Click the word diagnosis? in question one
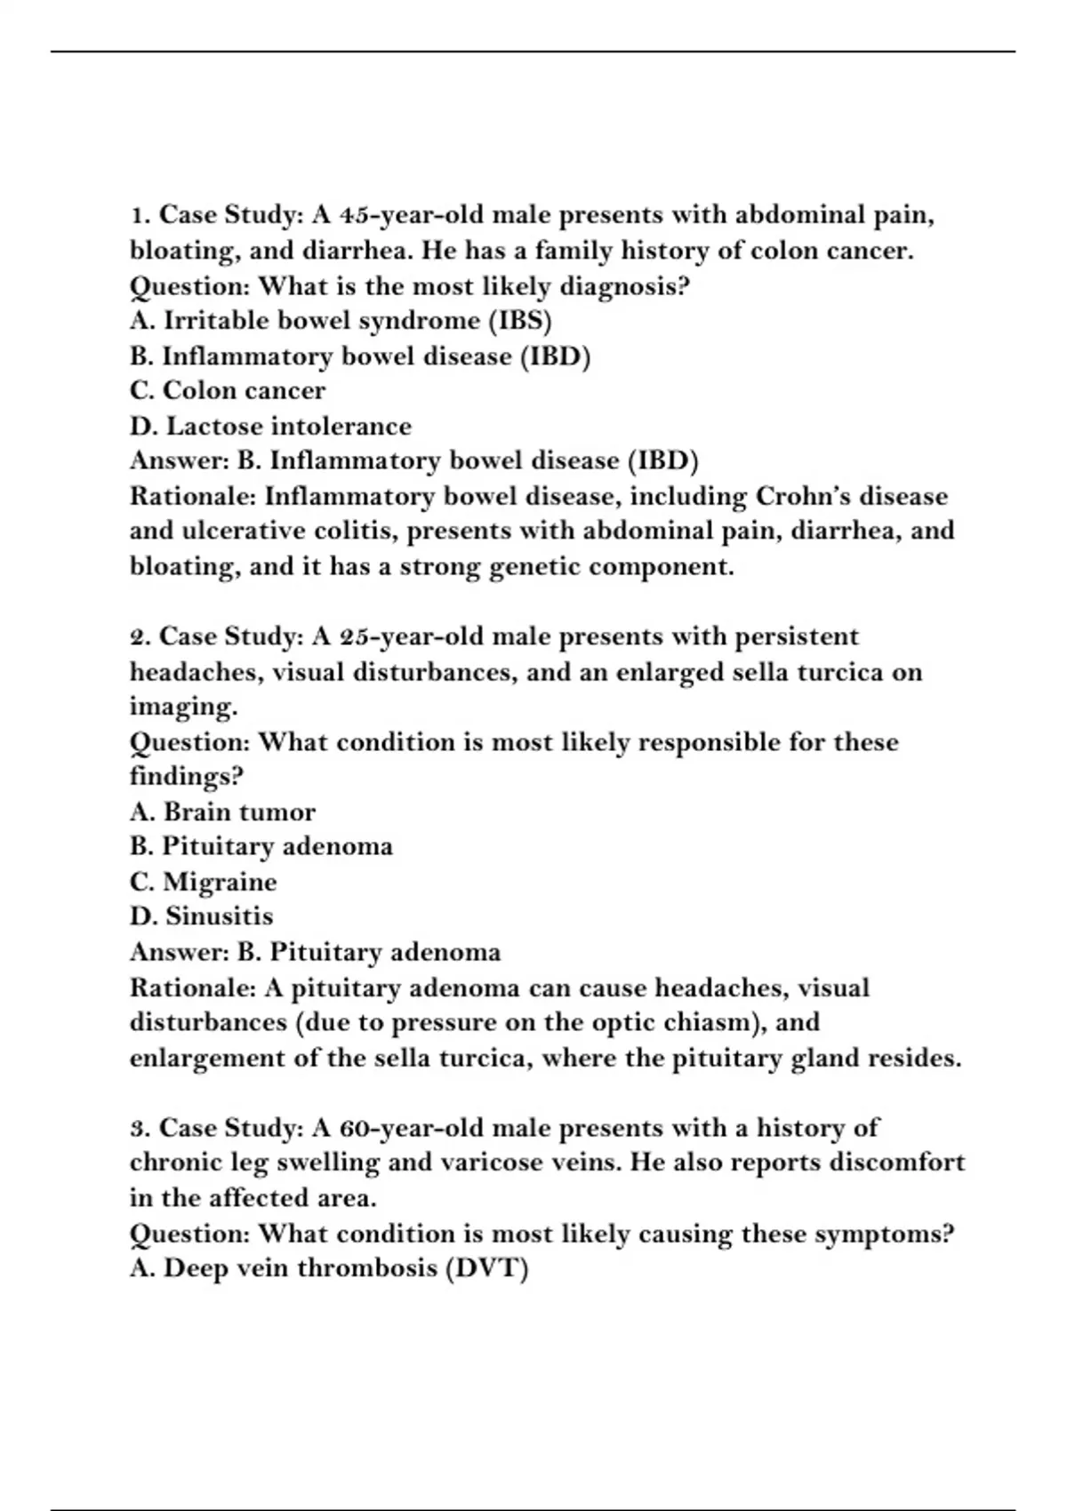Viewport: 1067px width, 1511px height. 634,287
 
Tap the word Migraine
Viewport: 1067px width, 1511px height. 220,882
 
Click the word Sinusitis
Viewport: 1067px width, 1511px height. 220,916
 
